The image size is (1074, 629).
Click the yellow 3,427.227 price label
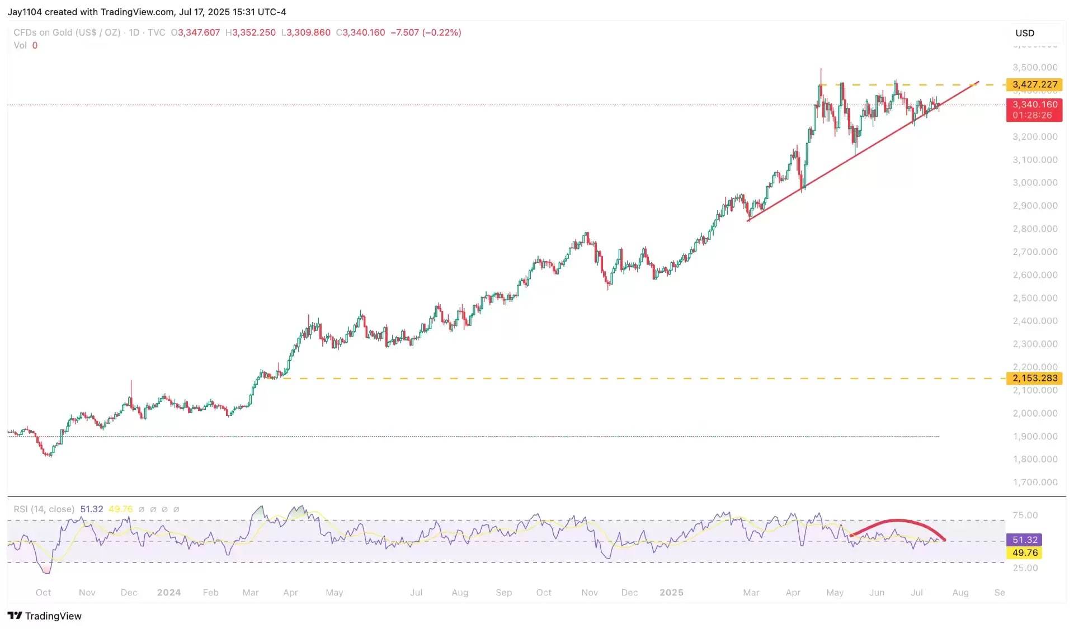1034,84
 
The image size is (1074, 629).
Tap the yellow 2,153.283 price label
1034,378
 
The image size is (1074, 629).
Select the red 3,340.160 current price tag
1034,110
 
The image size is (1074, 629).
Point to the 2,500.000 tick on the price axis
1035,298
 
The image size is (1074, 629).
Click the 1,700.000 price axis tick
1035,482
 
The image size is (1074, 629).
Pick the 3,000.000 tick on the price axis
1035,183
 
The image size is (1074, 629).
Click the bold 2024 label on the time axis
169,593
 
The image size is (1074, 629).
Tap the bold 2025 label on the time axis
671,593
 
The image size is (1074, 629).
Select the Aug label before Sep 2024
460,593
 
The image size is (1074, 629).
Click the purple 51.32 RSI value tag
1025,540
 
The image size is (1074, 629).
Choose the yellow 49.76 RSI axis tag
1025,552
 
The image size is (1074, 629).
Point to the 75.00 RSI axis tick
1025,515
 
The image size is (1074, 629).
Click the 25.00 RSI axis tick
1025,567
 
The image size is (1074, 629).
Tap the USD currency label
1025,33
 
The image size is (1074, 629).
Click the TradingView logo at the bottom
45,616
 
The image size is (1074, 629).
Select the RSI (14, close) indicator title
44,509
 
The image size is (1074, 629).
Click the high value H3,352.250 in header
251,32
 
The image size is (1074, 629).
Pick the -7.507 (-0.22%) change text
426,32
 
